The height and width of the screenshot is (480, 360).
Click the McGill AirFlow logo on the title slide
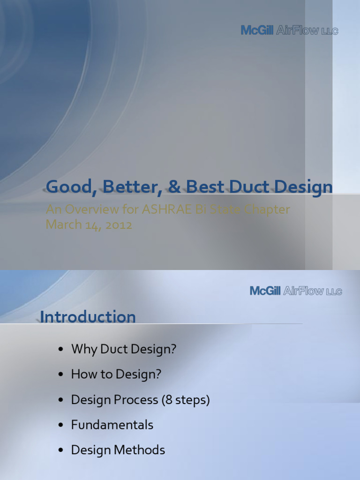click(x=289, y=30)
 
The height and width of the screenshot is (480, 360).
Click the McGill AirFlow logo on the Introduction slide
click(x=296, y=291)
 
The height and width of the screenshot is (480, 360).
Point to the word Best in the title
click(x=207, y=187)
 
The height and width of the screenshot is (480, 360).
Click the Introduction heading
click(x=88, y=317)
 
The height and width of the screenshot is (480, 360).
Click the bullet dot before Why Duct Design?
click(x=60, y=350)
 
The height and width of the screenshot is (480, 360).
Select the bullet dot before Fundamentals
click(x=60, y=426)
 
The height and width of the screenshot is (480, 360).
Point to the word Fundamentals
click(x=112, y=425)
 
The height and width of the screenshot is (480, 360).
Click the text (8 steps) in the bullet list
click(x=186, y=400)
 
